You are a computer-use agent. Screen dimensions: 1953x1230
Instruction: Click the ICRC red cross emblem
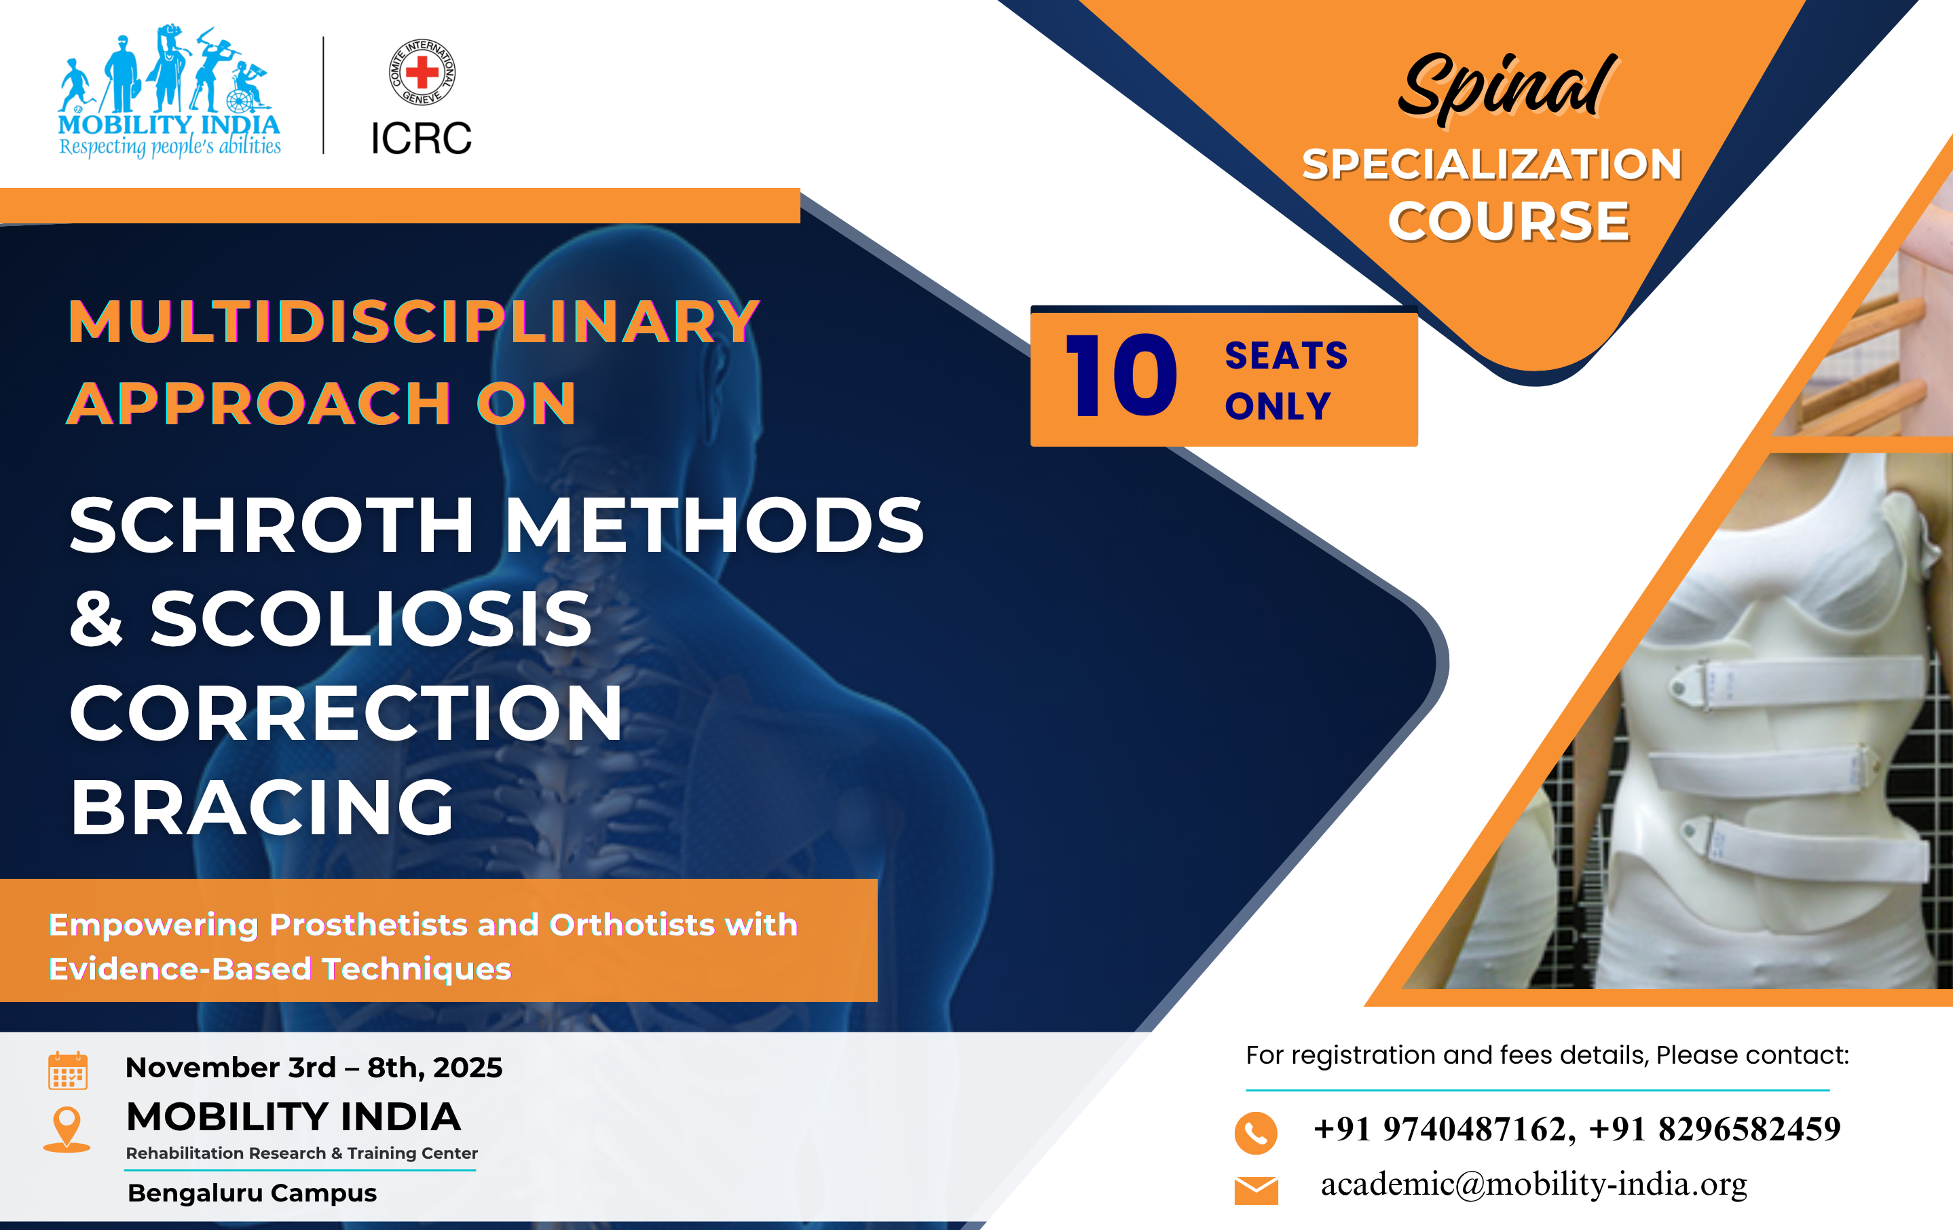[422, 72]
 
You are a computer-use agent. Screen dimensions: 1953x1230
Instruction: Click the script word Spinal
[1507, 88]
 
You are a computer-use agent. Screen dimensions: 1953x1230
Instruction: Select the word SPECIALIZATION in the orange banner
[1492, 164]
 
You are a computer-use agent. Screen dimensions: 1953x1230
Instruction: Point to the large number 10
[1121, 375]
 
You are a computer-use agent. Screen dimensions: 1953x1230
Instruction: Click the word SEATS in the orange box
[1286, 356]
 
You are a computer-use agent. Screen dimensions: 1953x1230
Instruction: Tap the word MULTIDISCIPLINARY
[413, 322]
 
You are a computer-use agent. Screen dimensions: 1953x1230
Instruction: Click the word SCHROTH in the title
[272, 525]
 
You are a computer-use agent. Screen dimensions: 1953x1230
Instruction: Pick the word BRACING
[262, 808]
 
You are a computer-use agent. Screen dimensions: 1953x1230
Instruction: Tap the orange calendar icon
[67, 1071]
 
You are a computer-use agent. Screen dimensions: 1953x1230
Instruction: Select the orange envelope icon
[1256, 1190]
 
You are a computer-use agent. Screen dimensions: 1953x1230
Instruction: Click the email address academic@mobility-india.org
[1533, 1185]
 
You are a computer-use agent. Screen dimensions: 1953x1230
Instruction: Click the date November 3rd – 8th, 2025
[314, 1068]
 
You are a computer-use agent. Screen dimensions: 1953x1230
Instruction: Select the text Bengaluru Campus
[253, 1193]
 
